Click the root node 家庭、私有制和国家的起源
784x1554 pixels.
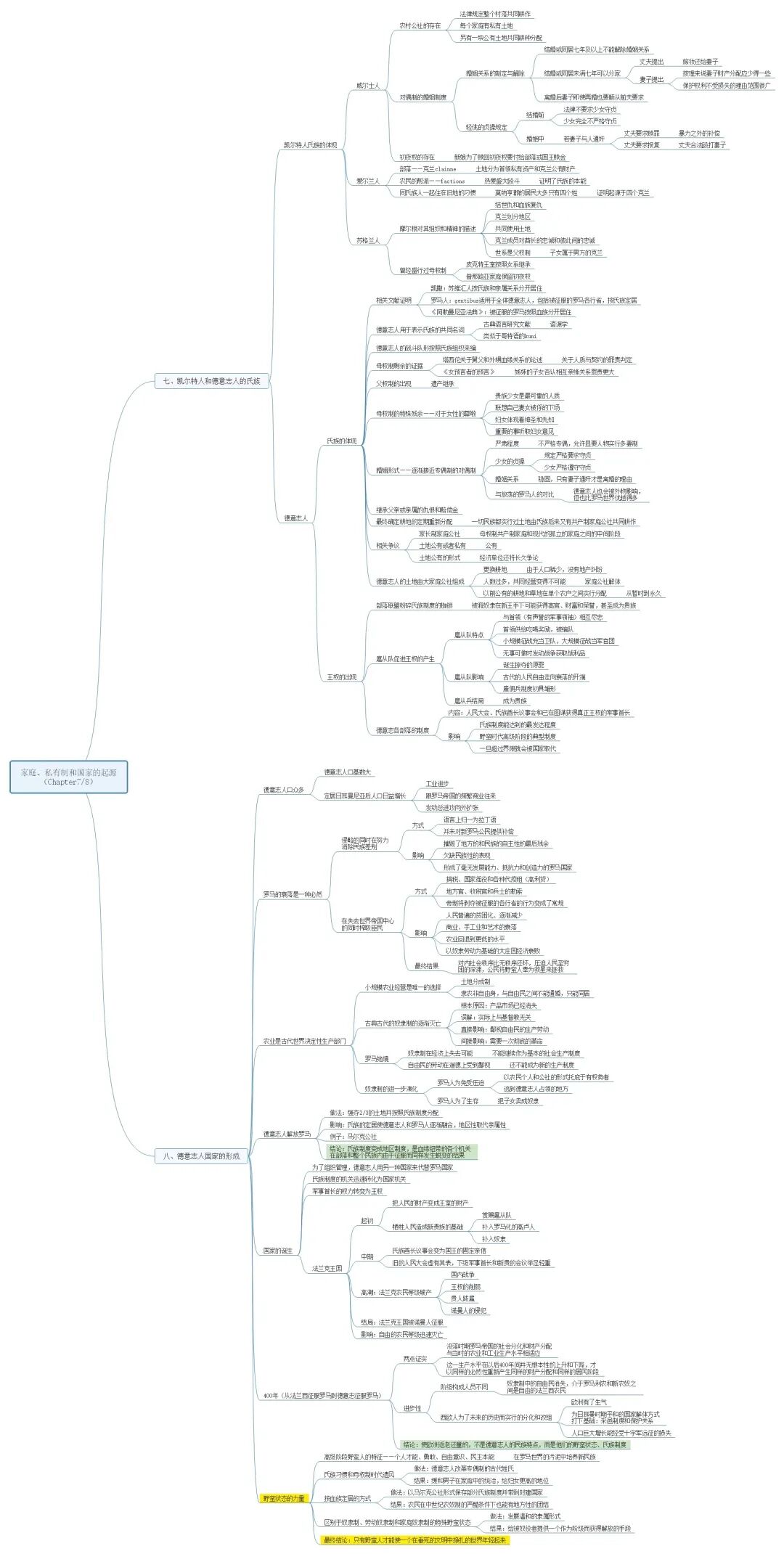[68, 777]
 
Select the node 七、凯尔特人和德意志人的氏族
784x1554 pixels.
[211, 380]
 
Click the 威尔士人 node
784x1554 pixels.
[367, 86]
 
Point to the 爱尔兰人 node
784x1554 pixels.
[367, 181]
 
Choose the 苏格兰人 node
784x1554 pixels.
[367, 240]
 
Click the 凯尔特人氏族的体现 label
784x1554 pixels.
[310, 145]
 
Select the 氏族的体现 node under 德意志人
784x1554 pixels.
[341, 441]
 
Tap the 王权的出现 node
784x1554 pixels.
[341, 677]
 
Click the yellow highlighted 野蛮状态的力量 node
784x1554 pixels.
[284, 1498]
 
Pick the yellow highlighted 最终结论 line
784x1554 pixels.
[415, 1539]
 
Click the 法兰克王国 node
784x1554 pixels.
[327, 1268]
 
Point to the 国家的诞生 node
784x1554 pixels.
[277, 1251]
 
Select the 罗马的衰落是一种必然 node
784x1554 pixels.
[292, 894]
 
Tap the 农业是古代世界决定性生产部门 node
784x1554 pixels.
[304, 1041]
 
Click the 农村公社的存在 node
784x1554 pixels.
[420, 25]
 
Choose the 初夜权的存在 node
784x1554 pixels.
[417, 157]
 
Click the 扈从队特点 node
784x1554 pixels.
[468, 635]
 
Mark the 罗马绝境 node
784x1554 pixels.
[376, 1059]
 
